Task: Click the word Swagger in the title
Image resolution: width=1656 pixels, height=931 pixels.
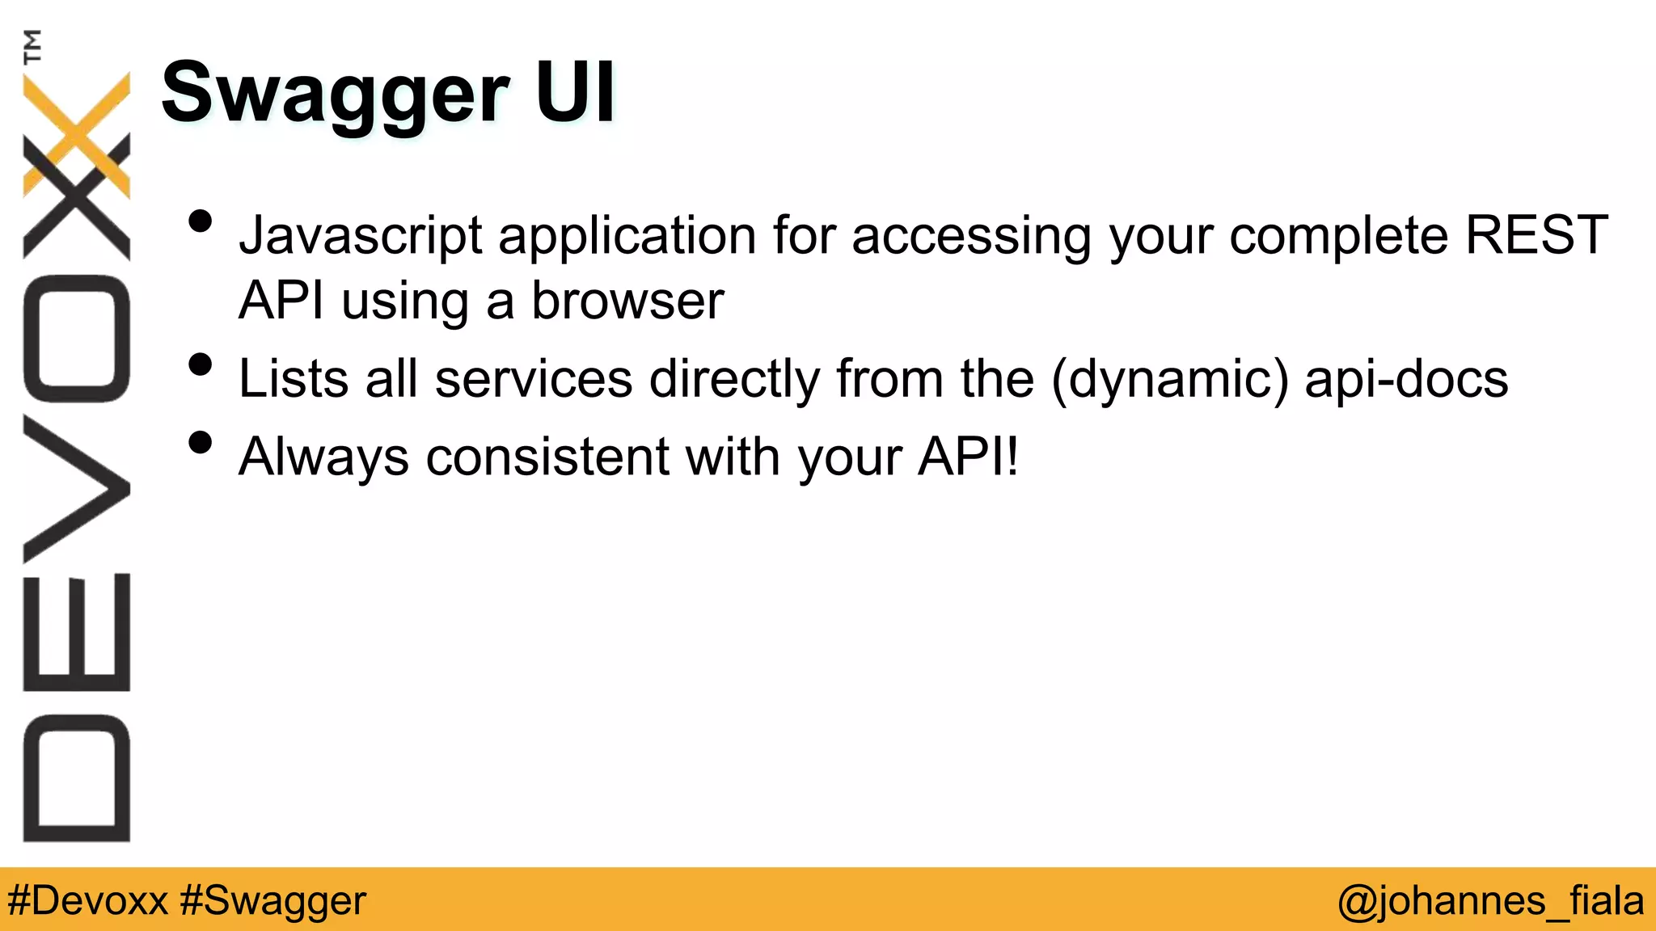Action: coord(336,95)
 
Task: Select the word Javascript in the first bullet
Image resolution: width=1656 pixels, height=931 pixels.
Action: coord(361,236)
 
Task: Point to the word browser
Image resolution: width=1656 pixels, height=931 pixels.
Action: coord(627,301)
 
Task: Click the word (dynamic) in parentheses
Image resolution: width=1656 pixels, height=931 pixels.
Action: coord(1170,379)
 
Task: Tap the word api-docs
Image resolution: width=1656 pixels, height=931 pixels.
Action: coord(1406,378)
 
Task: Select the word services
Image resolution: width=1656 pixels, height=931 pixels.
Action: coord(534,378)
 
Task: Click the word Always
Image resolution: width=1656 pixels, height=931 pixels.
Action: coord(324,457)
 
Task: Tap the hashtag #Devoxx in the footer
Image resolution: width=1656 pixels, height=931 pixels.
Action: coord(87,900)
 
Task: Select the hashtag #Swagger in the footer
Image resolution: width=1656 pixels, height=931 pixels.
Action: coord(273,900)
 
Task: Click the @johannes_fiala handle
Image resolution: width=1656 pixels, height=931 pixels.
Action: coord(1490,900)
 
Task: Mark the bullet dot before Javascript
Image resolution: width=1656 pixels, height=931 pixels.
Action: coord(200,221)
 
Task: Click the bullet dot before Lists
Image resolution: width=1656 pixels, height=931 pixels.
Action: coord(200,364)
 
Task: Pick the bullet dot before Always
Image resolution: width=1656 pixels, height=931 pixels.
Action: coord(200,442)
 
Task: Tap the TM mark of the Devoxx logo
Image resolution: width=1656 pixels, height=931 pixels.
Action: coord(32,46)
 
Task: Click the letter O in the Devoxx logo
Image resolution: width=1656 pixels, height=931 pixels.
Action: coord(77,338)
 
